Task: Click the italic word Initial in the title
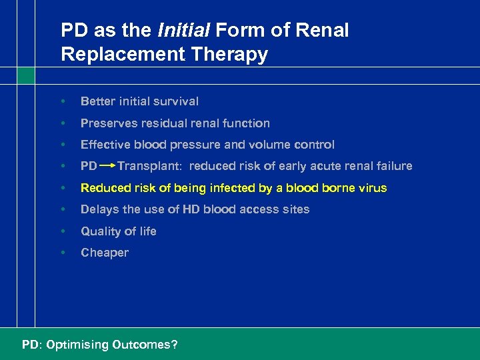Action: [x=181, y=30]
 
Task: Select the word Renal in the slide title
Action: [x=324, y=30]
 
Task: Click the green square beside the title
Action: [x=26, y=75]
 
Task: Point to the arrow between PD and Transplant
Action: [x=108, y=166]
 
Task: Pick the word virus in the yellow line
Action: [x=371, y=188]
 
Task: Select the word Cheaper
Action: [x=105, y=253]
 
